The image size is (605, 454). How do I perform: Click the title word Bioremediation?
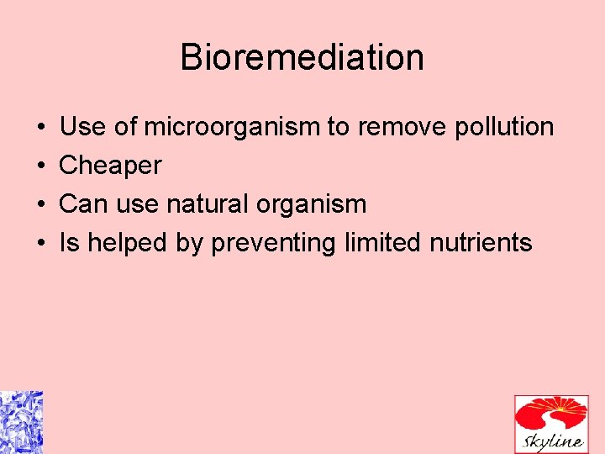[x=302, y=57]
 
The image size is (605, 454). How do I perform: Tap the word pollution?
[x=503, y=127]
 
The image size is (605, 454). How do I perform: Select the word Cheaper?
[x=110, y=166]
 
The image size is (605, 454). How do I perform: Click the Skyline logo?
[x=551, y=424]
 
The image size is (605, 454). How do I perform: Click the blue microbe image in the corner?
[x=21, y=422]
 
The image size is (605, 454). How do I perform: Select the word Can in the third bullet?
[x=81, y=204]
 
